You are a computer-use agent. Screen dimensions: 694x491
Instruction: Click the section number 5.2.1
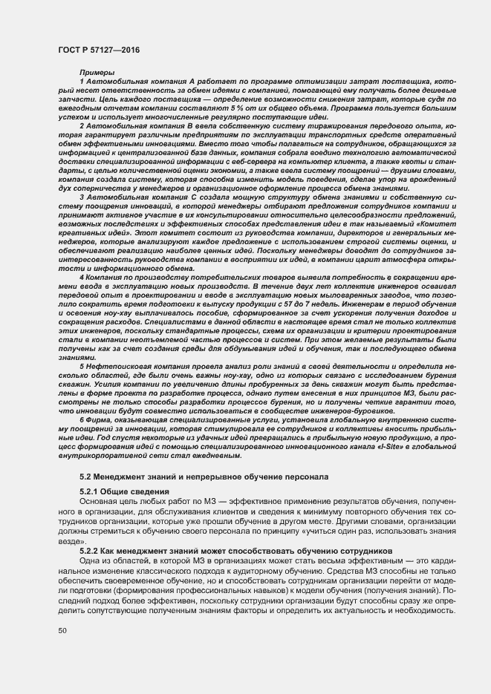click(91, 491)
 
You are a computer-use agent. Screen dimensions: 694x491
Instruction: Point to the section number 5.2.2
click(91, 552)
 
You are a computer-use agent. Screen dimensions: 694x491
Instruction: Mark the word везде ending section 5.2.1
click(71, 543)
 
